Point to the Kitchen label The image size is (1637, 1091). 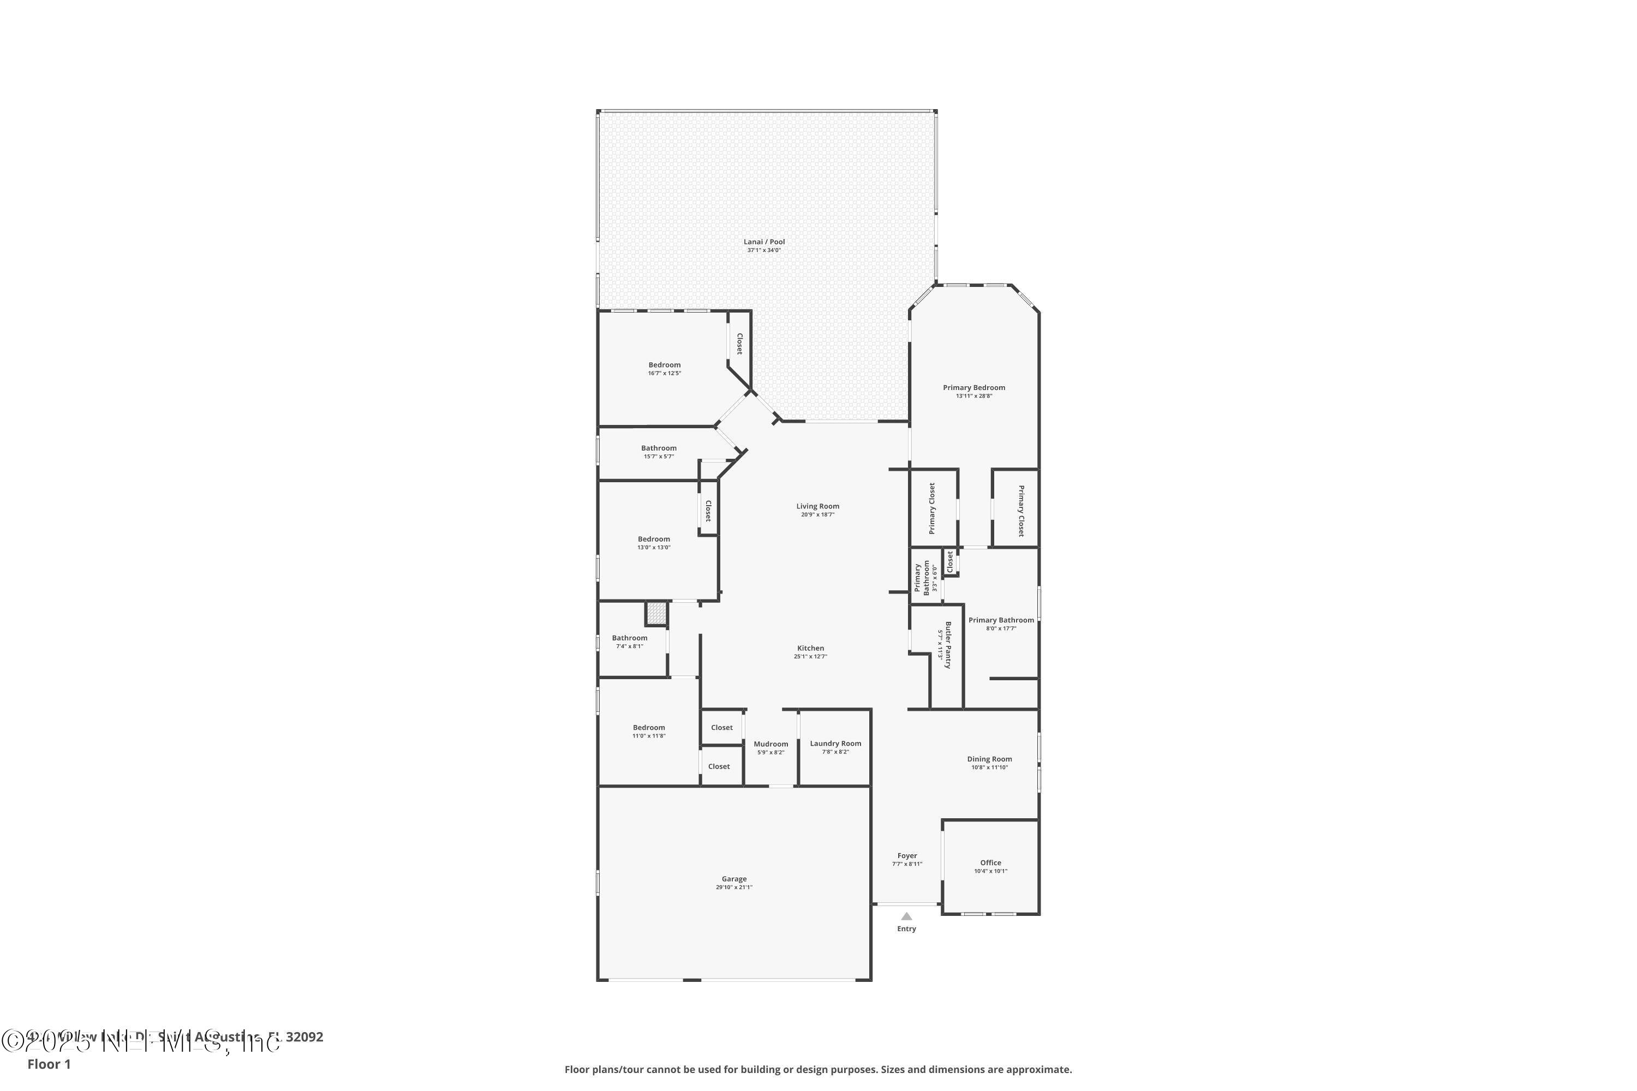(x=810, y=648)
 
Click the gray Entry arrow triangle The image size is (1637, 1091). (x=906, y=916)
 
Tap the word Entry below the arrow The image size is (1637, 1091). (x=906, y=929)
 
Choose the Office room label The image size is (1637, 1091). (x=990, y=863)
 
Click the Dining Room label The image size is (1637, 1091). (x=989, y=759)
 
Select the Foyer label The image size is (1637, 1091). (x=907, y=856)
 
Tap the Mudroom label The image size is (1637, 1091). (x=770, y=744)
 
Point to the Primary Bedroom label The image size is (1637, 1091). (x=973, y=387)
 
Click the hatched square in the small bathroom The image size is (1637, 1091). (x=656, y=613)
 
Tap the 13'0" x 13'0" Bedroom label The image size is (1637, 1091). (x=654, y=539)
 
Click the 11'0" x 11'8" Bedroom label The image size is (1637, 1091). (x=649, y=728)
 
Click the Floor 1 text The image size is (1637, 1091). (x=49, y=1064)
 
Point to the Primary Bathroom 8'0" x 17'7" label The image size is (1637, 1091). (x=1001, y=620)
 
